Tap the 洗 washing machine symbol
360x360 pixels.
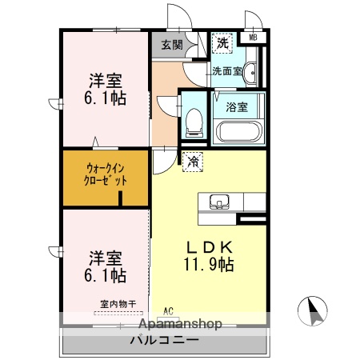pos(221,42)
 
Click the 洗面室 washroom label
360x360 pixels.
pos(227,71)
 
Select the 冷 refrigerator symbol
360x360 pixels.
pos(192,162)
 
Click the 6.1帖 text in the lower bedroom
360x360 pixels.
pos(106,275)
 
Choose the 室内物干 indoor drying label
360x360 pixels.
pos(118,303)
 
